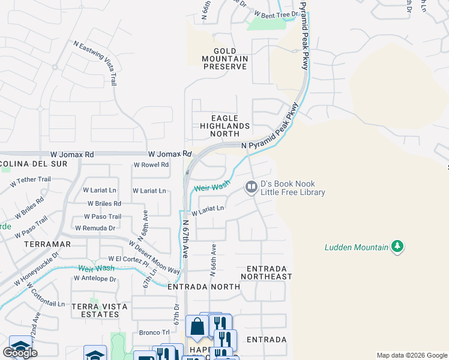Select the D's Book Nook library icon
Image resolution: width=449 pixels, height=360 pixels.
[x=251, y=188]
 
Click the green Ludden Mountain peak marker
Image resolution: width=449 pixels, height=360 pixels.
[x=396, y=246]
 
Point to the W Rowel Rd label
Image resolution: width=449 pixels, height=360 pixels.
[x=151, y=164]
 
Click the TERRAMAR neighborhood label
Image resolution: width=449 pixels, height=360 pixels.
[x=47, y=245]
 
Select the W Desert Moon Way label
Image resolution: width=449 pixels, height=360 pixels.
[x=154, y=257]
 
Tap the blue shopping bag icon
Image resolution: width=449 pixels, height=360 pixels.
[x=196, y=327]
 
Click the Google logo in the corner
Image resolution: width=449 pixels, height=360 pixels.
[x=20, y=353]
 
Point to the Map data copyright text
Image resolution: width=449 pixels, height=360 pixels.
[x=411, y=355]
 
